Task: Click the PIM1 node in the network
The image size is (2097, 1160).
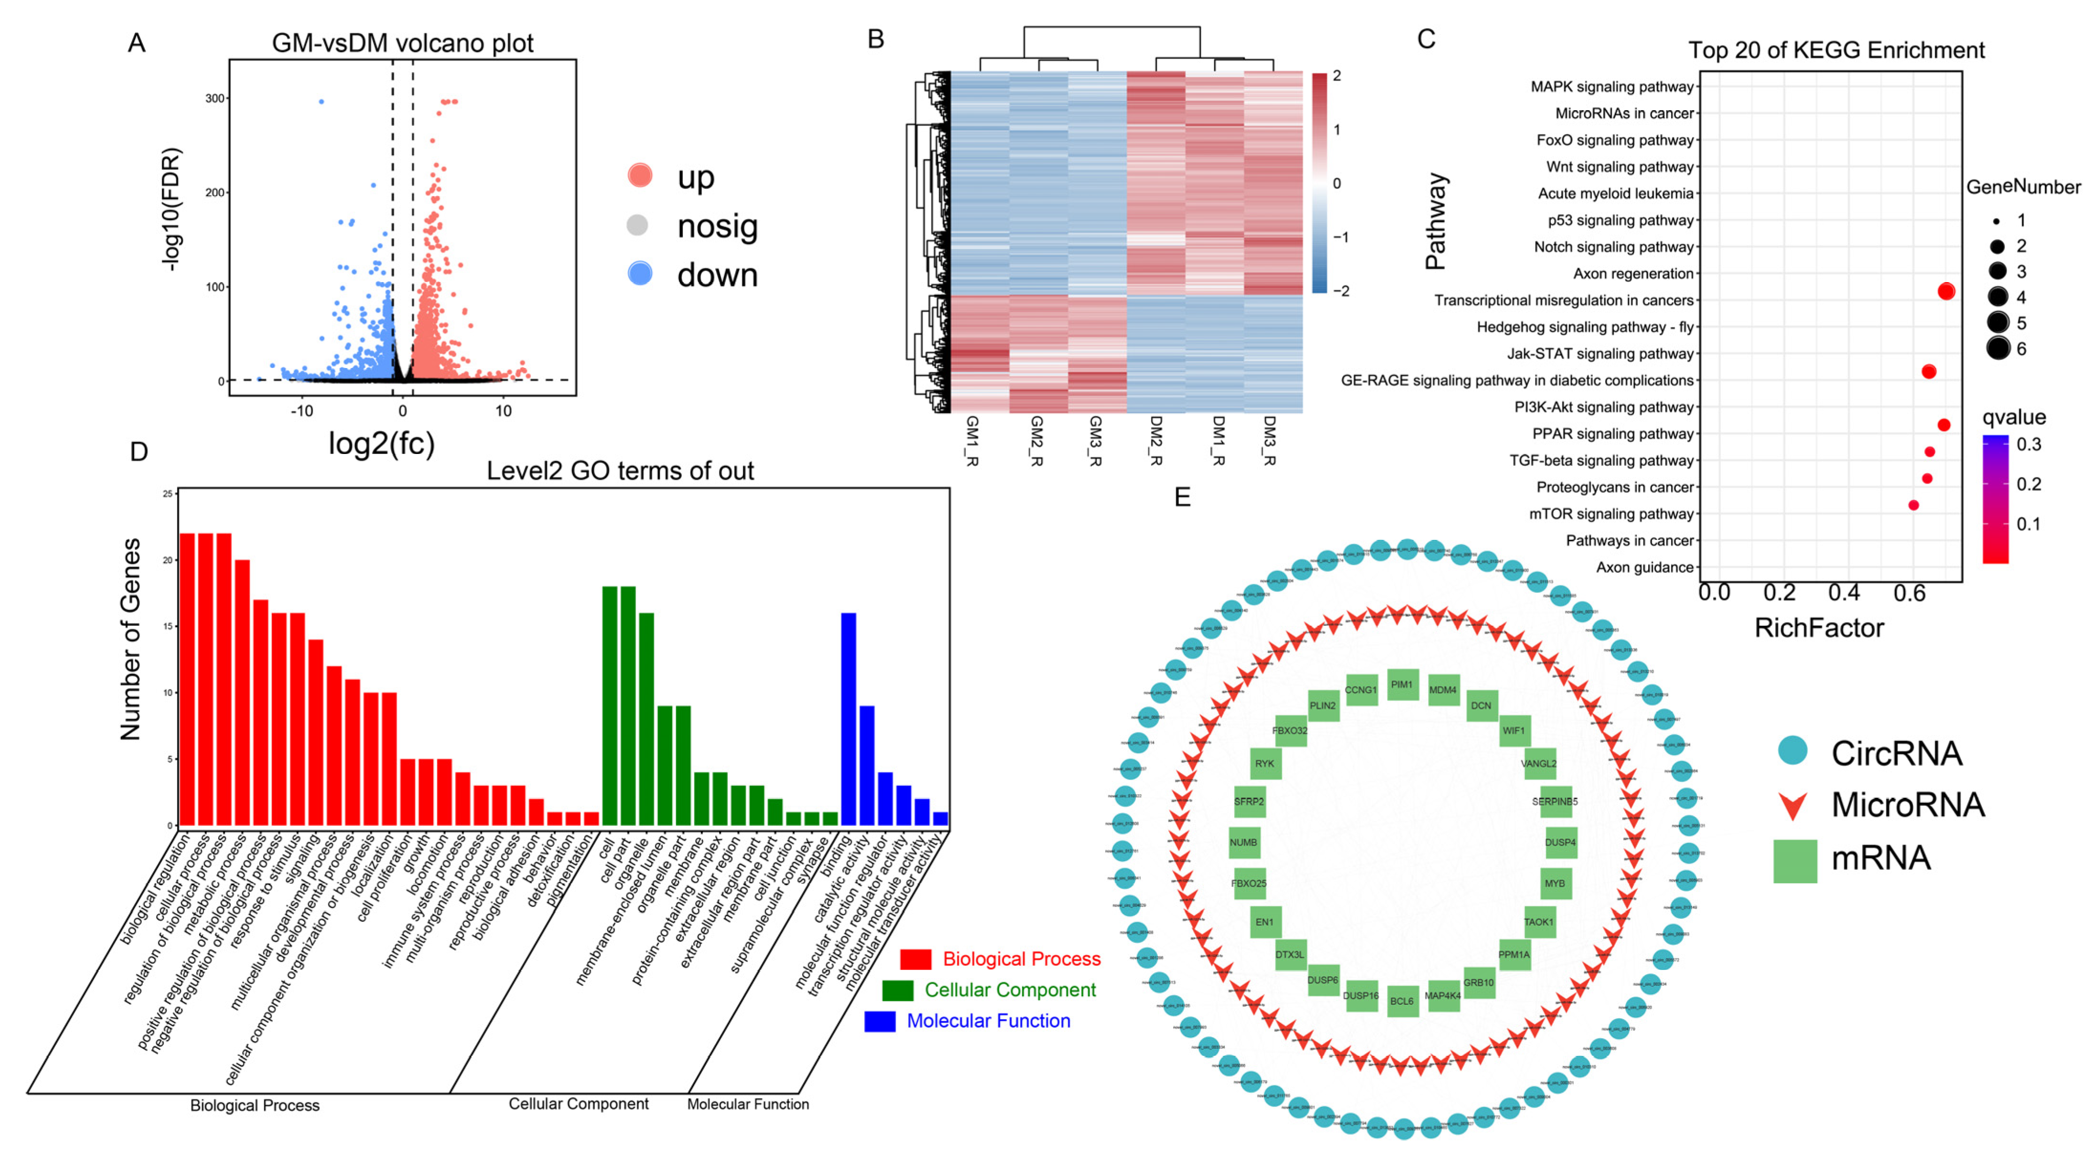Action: tap(1402, 685)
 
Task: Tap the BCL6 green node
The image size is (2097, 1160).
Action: tap(1402, 1001)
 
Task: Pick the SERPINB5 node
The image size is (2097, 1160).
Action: tap(1555, 802)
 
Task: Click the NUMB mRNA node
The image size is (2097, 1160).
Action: tap(1244, 843)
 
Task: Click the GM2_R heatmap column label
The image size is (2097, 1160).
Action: tap(1036, 441)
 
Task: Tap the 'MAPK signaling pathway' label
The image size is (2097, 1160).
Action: tap(1612, 87)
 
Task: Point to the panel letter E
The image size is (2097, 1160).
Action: tap(1183, 496)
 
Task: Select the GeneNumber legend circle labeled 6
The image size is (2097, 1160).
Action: tap(1998, 348)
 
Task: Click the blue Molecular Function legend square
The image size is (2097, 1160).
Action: tap(880, 1021)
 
